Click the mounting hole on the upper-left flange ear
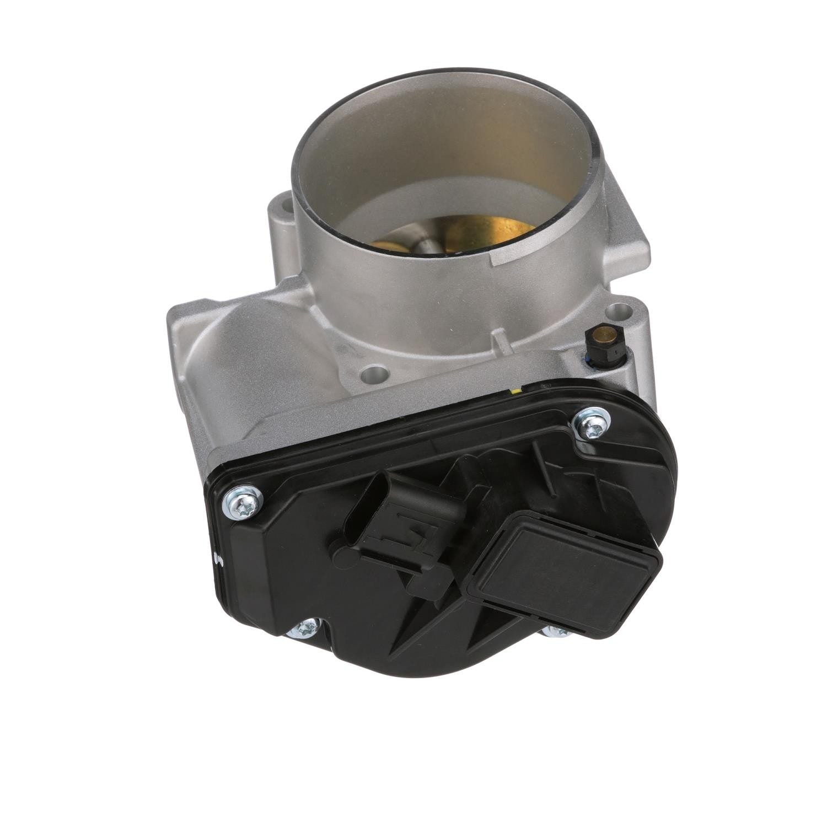(285, 208)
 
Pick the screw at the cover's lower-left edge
(305, 627)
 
